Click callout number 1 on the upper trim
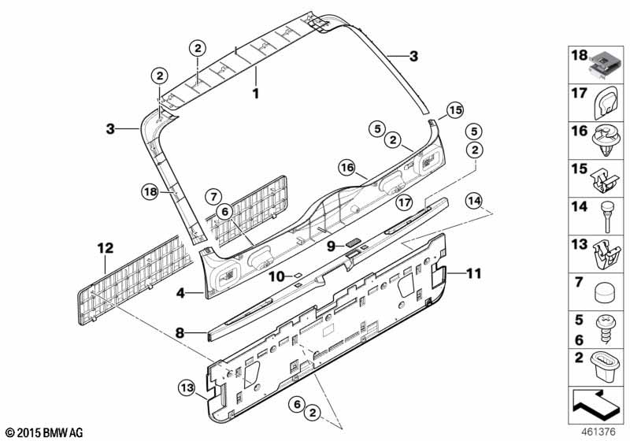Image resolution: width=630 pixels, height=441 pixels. (254, 93)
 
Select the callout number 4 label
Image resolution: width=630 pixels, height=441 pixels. (180, 292)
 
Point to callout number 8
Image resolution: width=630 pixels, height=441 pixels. (180, 333)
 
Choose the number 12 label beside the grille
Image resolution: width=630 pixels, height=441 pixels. (105, 247)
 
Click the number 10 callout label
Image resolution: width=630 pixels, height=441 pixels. (276, 276)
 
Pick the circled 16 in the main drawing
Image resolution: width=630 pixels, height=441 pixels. (348, 166)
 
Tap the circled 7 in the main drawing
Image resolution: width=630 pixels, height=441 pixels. (213, 195)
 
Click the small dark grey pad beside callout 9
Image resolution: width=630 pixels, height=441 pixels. (353, 244)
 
